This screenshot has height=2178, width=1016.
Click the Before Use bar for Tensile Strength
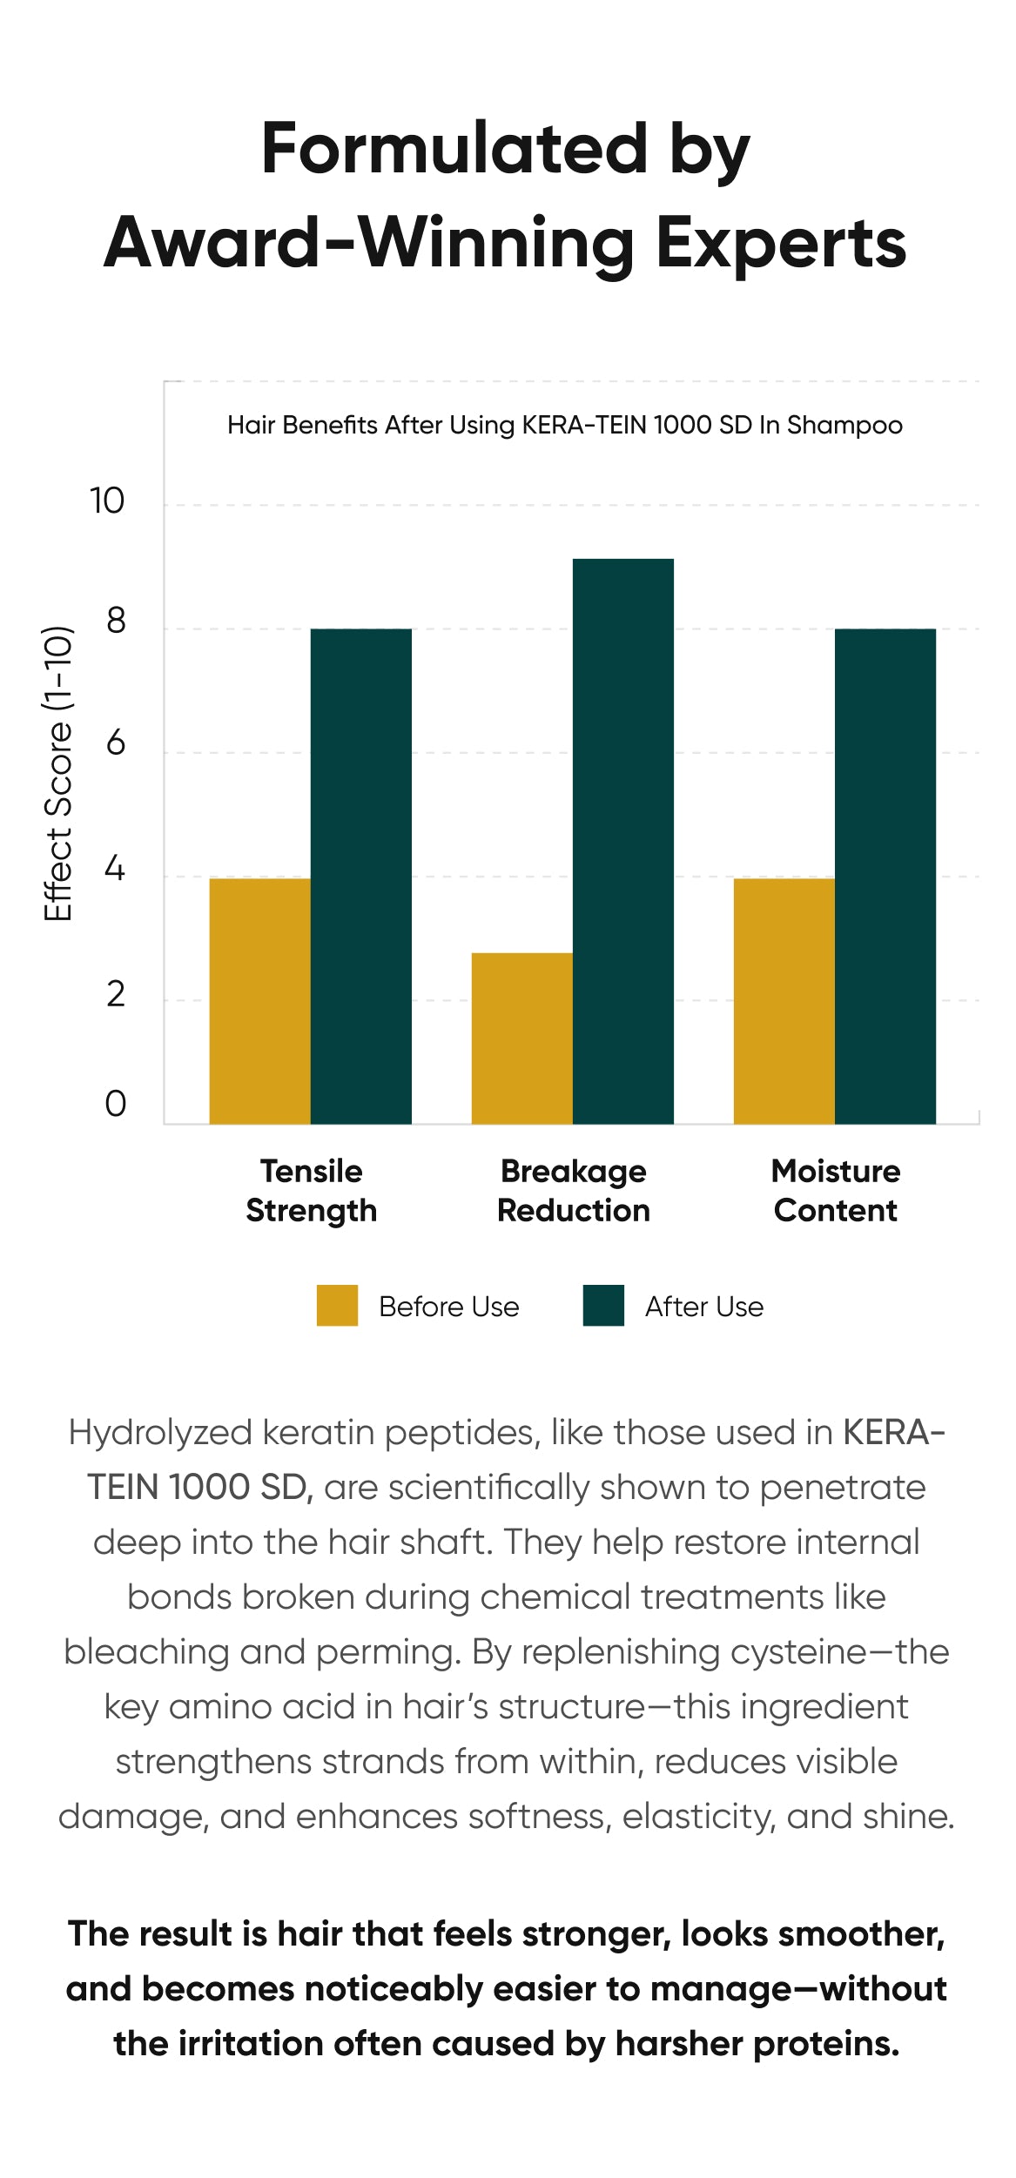pyautogui.click(x=259, y=1001)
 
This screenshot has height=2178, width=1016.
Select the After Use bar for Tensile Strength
pyautogui.click(x=360, y=876)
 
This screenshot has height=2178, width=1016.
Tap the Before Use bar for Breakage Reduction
pyautogui.click(x=521, y=1039)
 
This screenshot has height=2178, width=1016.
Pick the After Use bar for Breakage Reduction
pyautogui.click(x=622, y=841)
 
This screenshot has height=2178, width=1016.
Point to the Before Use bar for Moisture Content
pyautogui.click(x=784, y=1001)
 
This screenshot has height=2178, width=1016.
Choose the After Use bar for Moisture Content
pyautogui.click(x=885, y=876)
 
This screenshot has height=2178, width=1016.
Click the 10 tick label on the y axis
pyautogui.click(x=107, y=501)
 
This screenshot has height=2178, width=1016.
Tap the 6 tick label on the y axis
pyautogui.click(x=115, y=743)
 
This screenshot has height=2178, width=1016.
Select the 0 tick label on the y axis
pyautogui.click(x=115, y=1104)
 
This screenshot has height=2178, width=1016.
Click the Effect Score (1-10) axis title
pyautogui.click(x=58, y=773)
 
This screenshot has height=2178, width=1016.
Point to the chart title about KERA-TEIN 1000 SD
pyautogui.click(x=564, y=426)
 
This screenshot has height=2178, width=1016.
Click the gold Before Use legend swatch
pyautogui.click(x=337, y=1306)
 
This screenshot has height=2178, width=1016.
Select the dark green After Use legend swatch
pyautogui.click(x=603, y=1306)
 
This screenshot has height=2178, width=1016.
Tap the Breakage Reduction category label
pyautogui.click(x=573, y=1191)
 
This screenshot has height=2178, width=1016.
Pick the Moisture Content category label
pyautogui.click(x=835, y=1191)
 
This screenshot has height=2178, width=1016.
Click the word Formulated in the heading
pyautogui.click(x=454, y=149)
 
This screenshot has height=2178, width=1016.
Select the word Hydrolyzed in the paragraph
pyautogui.click(x=159, y=1434)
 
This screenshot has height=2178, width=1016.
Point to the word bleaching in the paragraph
pyautogui.click(x=145, y=1652)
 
